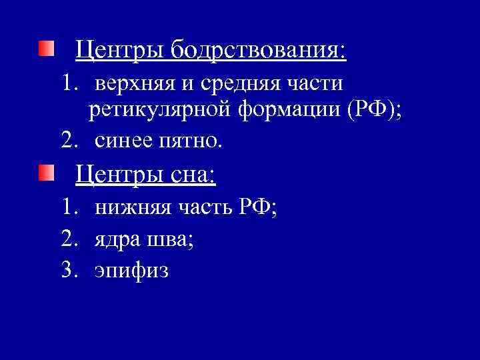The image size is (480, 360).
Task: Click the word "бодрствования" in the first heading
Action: click(x=258, y=50)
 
